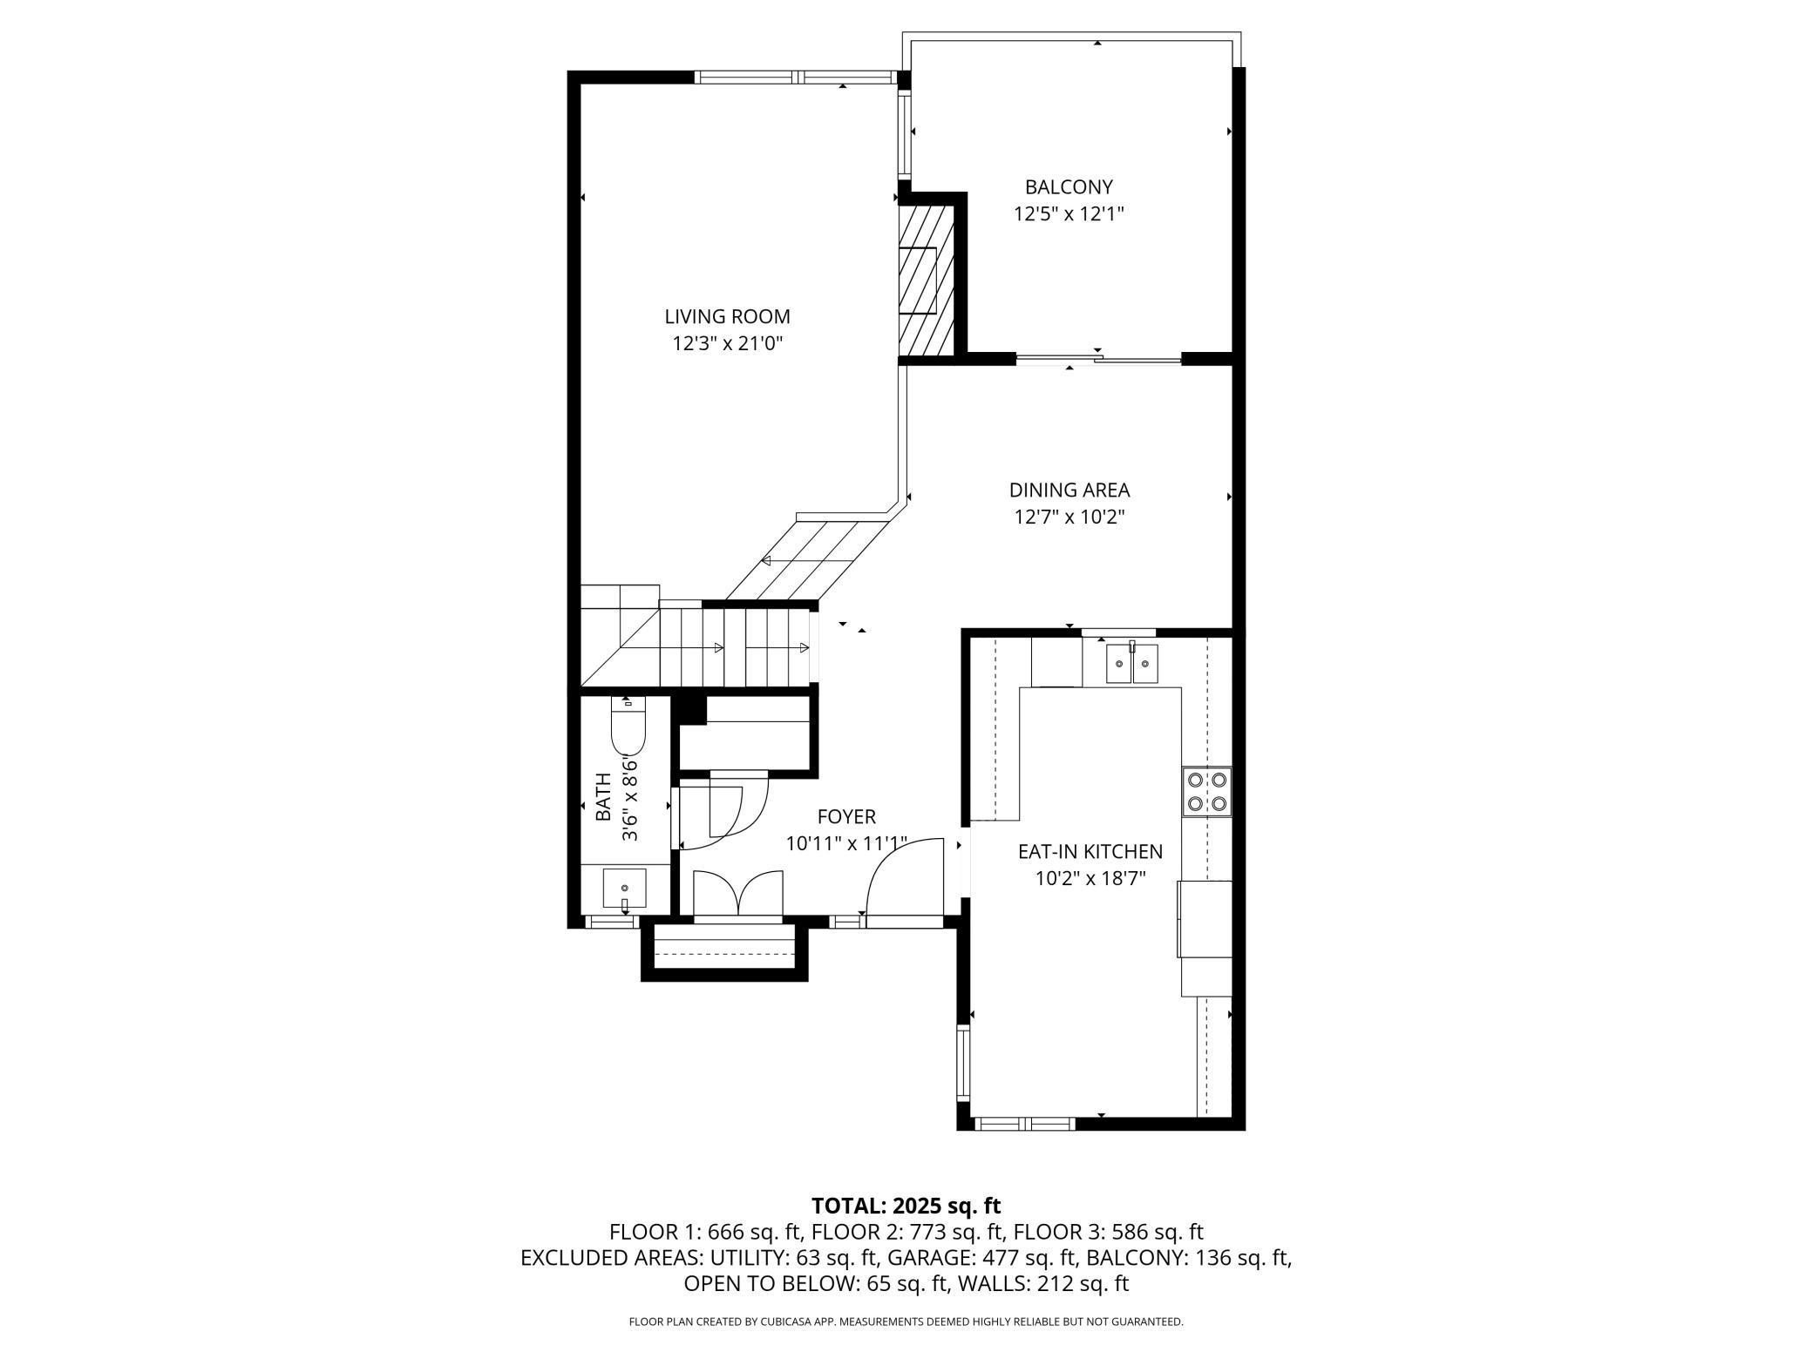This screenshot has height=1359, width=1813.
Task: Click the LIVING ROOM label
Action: [727, 317]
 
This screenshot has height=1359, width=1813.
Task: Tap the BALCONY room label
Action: [1069, 186]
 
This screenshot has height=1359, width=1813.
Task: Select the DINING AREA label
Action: [1069, 490]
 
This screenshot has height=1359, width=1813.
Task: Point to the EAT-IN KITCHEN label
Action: [1090, 851]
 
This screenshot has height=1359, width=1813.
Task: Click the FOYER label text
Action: [846, 816]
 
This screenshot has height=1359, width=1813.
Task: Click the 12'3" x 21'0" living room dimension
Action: [728, 343]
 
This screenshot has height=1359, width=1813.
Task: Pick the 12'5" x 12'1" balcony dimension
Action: [1069, 213]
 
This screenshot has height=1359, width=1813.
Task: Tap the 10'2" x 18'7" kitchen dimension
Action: [1090, 878]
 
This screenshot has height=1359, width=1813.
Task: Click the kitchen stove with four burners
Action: [1207, 792]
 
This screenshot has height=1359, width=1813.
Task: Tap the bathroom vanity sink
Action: [625, 889]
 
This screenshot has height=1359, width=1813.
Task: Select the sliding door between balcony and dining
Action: [1098, 358]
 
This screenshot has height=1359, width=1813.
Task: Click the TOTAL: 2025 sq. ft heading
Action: [906, 1206]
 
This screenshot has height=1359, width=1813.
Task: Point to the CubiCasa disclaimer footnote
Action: [906, 1322]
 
